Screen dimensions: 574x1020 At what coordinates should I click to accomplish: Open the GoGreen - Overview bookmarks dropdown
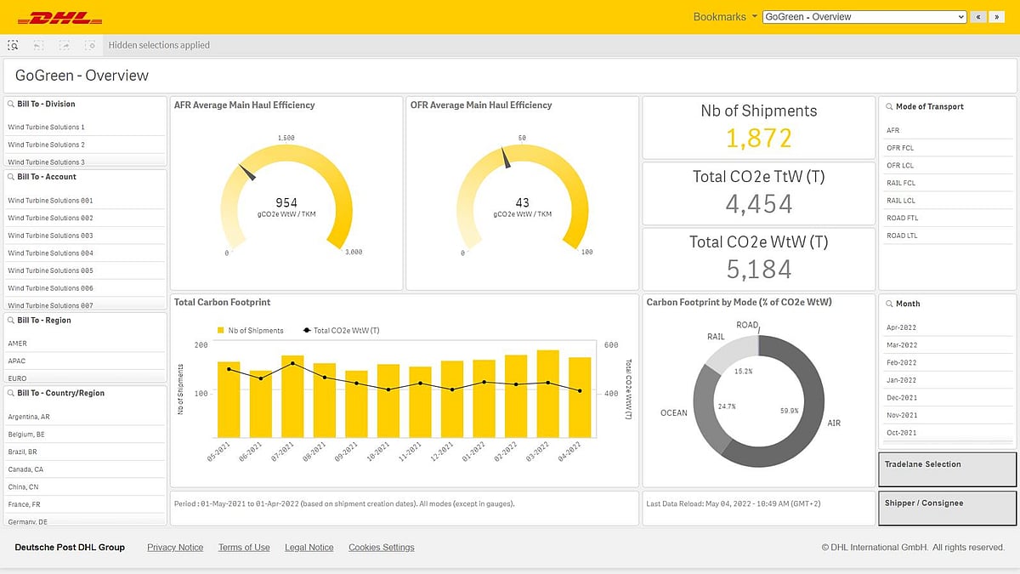click(x=864, y=17)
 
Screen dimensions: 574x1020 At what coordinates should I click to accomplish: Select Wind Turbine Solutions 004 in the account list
click(x=51, y=253)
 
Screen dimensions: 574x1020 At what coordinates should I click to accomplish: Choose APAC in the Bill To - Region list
click(x=18, y=361)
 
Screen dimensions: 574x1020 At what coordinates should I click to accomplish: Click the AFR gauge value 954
click(x=286, y=202)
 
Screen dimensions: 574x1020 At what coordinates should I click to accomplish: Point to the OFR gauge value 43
click(x=522, y=202)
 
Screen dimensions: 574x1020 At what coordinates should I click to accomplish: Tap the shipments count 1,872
click(x=758, y=138)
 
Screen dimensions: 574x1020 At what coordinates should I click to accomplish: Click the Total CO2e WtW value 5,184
click(x=758, y=269)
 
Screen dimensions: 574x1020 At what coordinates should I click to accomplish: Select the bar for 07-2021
click(x=292, y=396)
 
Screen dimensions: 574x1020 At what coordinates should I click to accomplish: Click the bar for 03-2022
click(x=548, y=394)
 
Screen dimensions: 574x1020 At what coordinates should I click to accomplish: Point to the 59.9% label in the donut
click(x=789, y=411)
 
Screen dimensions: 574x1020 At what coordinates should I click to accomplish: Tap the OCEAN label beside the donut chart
click(x=673, y=413)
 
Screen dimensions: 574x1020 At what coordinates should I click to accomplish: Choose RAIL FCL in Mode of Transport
click(x=901, y=183)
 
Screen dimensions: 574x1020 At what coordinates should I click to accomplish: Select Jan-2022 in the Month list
click(x=901, y=380)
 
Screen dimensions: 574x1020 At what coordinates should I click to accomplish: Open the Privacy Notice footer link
click(x=175, y=548)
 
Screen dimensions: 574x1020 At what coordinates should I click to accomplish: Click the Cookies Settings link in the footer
click(x=381, y=548)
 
